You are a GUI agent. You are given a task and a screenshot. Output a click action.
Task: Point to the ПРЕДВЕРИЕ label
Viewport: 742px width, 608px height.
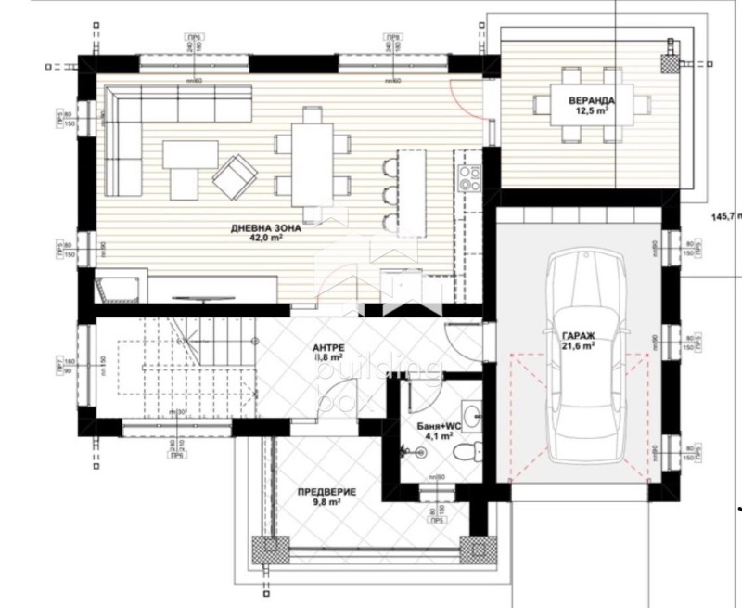(326, 491)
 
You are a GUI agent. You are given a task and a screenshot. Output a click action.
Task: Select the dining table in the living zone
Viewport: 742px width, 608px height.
(312, 158)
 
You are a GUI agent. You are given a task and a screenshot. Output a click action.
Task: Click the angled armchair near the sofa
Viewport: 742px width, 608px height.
(237, 175)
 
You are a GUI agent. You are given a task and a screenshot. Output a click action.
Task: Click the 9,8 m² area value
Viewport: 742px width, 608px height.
(327, 502)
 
